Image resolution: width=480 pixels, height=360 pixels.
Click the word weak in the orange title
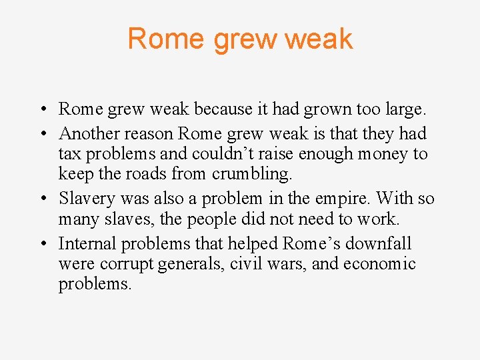(x=318, y=39)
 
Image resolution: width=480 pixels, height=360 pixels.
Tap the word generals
(x=191, y=264)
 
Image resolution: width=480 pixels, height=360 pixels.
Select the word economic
(x=380, y=264)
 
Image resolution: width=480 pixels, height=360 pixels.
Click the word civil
(x=246, y=264)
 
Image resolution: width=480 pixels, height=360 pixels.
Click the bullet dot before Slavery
(x=42, y=199)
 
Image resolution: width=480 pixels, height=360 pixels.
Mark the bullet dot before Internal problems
(x=42, y=243)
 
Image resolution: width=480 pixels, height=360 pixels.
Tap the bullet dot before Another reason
(x=42, y=134)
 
